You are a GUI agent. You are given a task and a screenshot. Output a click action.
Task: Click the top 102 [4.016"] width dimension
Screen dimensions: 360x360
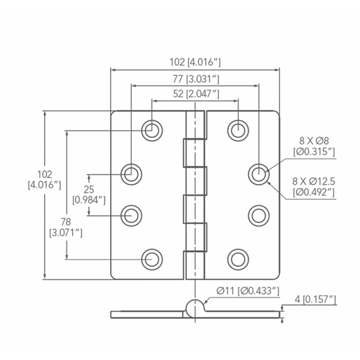click(196, 61)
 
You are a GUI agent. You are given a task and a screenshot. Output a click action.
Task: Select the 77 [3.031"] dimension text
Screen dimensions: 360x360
click(195, 79)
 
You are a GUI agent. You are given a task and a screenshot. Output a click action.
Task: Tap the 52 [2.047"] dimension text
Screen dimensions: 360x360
click(195, 94)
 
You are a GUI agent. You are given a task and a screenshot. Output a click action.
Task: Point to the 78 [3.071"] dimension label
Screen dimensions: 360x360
click(66, 226)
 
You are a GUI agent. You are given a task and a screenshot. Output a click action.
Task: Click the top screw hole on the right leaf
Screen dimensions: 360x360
click(238, 130)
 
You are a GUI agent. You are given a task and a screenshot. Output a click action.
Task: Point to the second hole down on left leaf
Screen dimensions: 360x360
click(131, 173)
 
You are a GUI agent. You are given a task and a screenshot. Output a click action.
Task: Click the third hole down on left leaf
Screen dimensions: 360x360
click(131, 215)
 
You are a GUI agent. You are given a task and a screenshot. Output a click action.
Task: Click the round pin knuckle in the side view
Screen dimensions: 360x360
click(195, 306)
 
